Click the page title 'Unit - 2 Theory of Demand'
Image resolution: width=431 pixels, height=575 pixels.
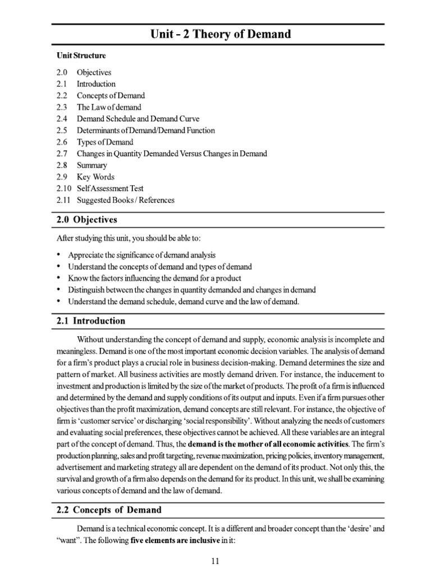tap(220, 34)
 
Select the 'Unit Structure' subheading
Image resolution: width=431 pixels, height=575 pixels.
tap(81, 56)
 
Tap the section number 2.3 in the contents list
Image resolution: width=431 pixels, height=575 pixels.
tap(62, 107)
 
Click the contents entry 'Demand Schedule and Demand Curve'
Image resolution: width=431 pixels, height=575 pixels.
tap(137, 119)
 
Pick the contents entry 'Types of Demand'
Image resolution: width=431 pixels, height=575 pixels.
tap(105, 142)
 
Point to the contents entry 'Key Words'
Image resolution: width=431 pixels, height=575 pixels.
tap(95, 177)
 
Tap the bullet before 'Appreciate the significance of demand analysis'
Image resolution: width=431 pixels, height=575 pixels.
tap(59, 255)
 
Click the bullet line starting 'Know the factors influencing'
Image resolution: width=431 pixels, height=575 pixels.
tap(154, 279)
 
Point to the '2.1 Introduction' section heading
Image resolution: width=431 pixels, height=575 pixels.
tap(91, 321)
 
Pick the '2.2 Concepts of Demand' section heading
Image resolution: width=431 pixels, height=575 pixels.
tap(109, 510)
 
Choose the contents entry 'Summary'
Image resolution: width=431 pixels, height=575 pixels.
tap(91, 166)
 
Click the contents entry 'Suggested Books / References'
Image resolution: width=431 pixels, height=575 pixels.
tap(125, 200)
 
